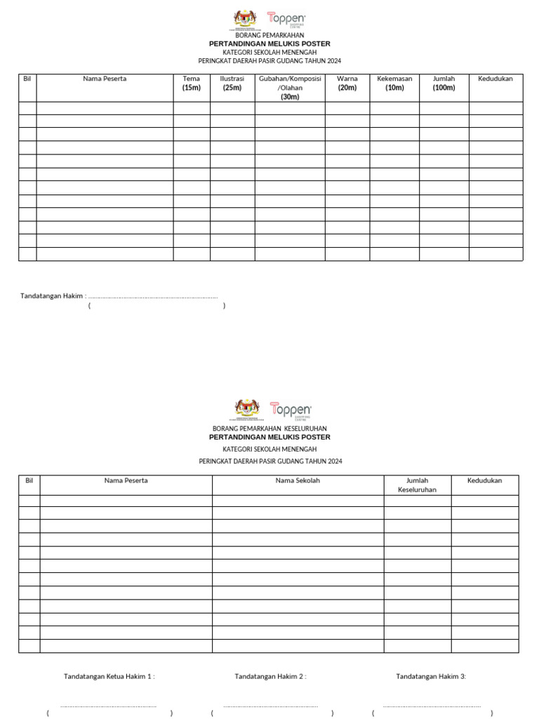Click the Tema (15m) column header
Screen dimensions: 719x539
pyautogui.click(x=192, y=83)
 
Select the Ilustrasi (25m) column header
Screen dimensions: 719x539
pyautogui.click(x=232, y=83)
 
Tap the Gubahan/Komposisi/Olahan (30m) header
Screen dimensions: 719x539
pyautogui.click(x=290, y=88)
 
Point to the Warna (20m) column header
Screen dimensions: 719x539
pyautogui.click(x=347, y=83)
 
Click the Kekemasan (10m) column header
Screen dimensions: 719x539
pyautogui.click(x=394, y=83)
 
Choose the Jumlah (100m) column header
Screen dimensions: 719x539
pyautogui.click(x=444, y=83)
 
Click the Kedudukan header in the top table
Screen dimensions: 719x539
pyautogui.click(x=495, y=79)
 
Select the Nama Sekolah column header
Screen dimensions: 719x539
pyautogui.click(x=298, y=481)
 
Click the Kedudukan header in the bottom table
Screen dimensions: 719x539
pyautogui.click(x=485, y=481)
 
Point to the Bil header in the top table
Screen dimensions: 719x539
pyautogui.click(x=27, y=79)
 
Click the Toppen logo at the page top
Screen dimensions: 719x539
pyautogui.click(x=286, y=20)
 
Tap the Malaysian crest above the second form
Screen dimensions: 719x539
pyautogui.click(x=246, y=409)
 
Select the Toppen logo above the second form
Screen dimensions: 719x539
pyautogui.click(x=291, y=410)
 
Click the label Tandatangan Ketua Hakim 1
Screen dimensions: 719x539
pyautogui.click(x=109, y=676)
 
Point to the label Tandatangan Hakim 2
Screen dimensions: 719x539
pyautogui.click(x=270, y=676)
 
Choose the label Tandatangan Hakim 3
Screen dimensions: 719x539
pyautogui.click(x=431, y=676)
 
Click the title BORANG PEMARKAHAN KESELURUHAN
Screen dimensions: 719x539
pyautogui.click(x=269, y=428)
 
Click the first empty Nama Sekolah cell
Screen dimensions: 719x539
pyautogui.click(x=298, y=501)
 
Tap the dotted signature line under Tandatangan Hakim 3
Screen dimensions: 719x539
pyautogui.click(x=432, y=706)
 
